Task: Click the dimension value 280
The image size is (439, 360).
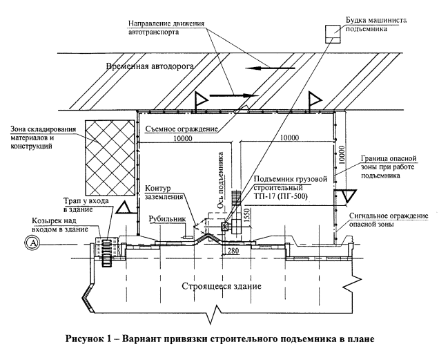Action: (x=233, y=250)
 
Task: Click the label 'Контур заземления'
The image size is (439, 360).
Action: (x=164, y=192)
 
